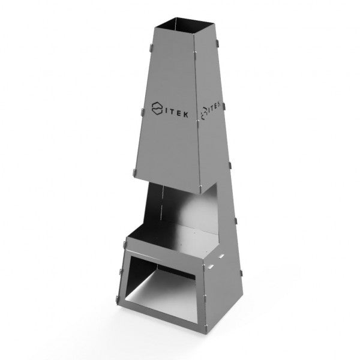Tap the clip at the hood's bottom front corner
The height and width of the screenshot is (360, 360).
200,188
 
